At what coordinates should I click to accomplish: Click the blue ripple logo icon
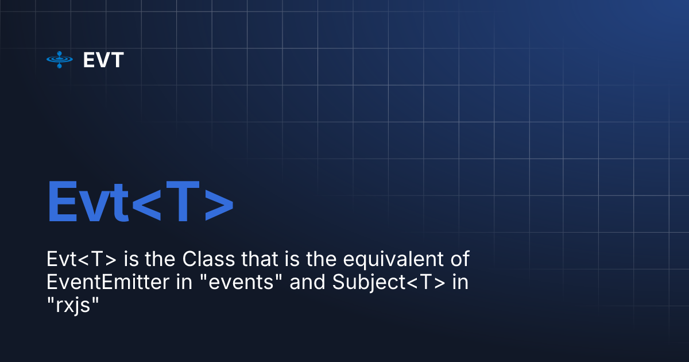tap(60, 60)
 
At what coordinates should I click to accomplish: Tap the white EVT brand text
tap(103, 60)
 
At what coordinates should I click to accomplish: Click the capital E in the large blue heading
tap(63, 202)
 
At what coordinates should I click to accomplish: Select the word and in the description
tap(304, 283)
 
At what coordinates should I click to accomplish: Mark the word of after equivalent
tap(459, 260)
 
